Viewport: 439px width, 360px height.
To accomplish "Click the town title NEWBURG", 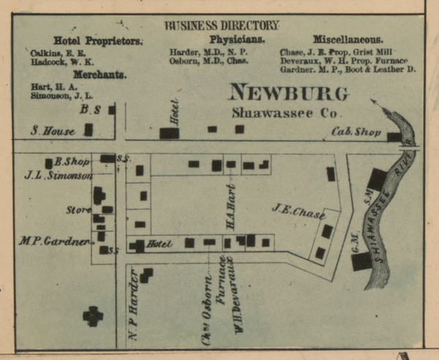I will [x=288, y=93].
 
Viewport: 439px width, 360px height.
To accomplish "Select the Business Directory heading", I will [x=222, y=26].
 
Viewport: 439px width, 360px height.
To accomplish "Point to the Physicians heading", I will [x=236, y=40].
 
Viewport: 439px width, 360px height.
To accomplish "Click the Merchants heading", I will [x=100, y=74].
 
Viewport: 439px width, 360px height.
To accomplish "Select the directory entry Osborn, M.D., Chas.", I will [x=209, y=61].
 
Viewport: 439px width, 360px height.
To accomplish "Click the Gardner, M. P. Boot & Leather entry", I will [x=348, y=70].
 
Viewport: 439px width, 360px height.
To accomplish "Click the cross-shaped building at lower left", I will [x=93, y=315].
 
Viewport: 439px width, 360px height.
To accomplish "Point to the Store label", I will [x=78, y=210].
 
